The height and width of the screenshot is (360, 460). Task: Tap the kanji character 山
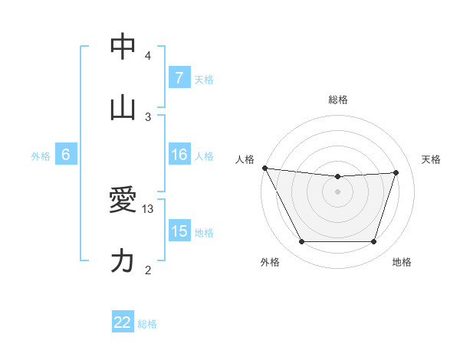click(x=123, y=108)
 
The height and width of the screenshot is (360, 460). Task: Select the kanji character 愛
click(x=123, y=201)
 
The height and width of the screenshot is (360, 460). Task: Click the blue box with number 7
click(x=179, y=78)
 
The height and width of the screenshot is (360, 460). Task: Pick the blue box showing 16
click(x=179, y=155)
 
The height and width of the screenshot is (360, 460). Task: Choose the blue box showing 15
click(x=179, y=231)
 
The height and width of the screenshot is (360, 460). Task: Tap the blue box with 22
click(x=123, y=322)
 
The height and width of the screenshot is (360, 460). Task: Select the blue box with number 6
click(x=66, y=155)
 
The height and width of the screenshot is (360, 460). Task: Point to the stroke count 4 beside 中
click(x=148, y=55)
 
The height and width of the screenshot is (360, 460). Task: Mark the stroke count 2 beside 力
click(x=148, y=270)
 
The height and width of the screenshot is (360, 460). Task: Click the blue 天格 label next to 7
click(x=204, y=79)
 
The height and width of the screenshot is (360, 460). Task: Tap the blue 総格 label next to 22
click(x=147, y=323)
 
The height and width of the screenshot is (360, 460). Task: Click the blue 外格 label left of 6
click(x=41, y=156)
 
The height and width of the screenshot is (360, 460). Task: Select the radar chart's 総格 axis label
click(x=338, y=100)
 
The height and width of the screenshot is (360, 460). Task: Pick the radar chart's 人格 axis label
click(x=246, y=159)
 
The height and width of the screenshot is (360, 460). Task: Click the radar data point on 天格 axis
click(x=396, y=172)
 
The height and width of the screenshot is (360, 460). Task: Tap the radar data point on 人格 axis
click(x=264, y=168)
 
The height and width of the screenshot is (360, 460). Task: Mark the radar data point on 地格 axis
click(x=373, y=242)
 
